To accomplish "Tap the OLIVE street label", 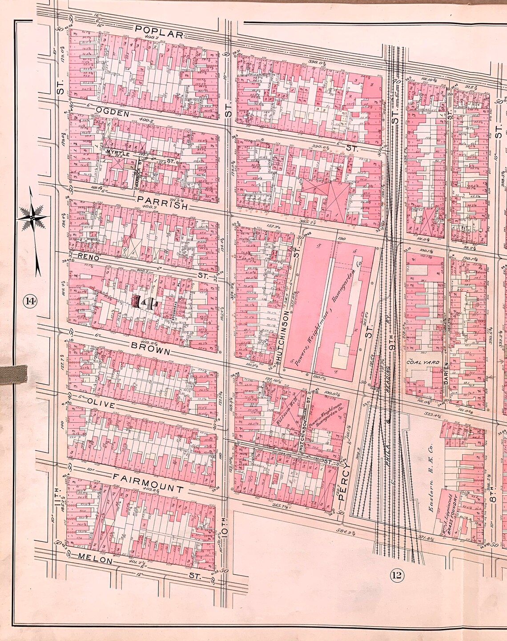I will tap(101, 405).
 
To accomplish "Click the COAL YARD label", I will tap(423, 363).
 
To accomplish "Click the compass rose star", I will tap(32, 217).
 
